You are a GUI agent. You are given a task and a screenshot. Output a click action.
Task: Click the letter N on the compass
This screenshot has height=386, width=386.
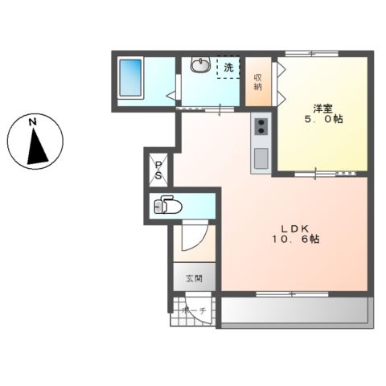pos(33,122)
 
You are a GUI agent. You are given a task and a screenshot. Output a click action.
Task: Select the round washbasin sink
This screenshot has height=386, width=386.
pos(200,66)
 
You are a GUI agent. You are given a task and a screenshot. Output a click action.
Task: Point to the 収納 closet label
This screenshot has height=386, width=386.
pos(258,81)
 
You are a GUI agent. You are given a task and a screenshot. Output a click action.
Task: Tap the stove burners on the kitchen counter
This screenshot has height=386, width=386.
pos(261,126)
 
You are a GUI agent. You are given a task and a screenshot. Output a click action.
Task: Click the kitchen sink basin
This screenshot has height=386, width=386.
pos(261,159)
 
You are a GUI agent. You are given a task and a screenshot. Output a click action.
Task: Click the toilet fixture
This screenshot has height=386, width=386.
pos(170,206)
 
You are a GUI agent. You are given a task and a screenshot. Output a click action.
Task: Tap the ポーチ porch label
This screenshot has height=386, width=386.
pos(194,310)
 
